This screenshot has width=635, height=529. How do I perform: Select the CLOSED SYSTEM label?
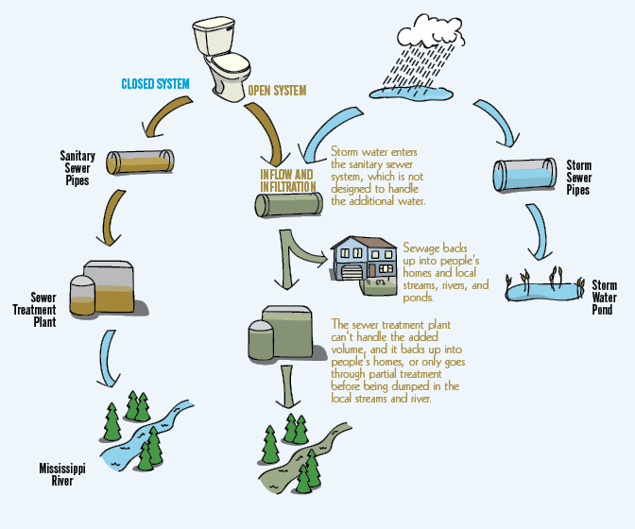coord(155,84)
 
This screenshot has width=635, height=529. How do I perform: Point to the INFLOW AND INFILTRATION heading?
coord(287,180)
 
